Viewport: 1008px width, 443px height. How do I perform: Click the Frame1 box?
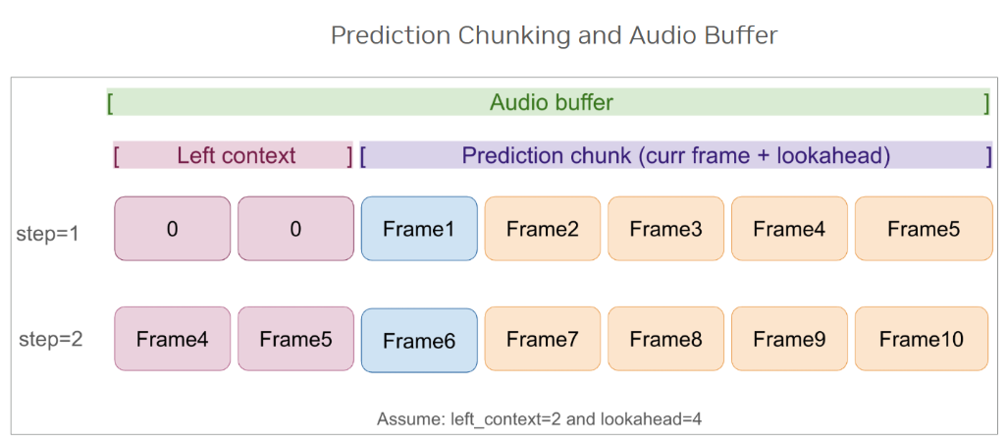419,229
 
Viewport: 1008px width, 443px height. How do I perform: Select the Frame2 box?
543,229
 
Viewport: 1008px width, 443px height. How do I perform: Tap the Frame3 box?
665,229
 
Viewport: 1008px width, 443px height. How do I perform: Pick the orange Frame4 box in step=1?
789,229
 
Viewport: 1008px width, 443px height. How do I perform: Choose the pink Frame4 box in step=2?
172,340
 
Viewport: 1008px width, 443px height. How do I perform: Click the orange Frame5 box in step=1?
923,229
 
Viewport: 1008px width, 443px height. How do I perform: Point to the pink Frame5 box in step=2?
295,340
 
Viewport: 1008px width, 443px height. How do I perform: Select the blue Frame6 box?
419,341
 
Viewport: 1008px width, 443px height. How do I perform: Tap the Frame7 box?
543,340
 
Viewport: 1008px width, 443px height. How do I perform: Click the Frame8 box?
665,340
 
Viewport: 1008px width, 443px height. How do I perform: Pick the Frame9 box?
789,340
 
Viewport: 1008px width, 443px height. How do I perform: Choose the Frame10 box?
922,340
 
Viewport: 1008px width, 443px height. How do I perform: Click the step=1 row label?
48,235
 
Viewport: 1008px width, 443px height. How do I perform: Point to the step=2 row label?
50,340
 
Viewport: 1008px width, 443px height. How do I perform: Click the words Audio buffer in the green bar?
551,102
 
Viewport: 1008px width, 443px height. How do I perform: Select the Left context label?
236,155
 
